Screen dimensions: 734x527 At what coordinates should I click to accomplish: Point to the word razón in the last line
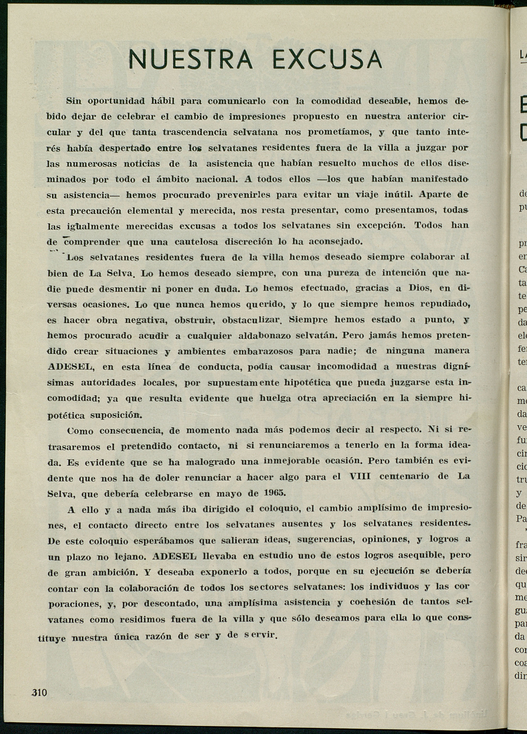pos(158,637)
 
